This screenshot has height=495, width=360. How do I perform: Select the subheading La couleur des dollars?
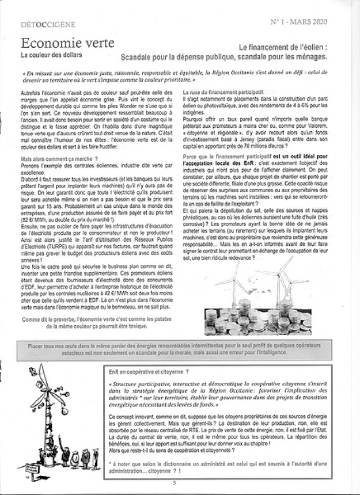coord(50,55)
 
